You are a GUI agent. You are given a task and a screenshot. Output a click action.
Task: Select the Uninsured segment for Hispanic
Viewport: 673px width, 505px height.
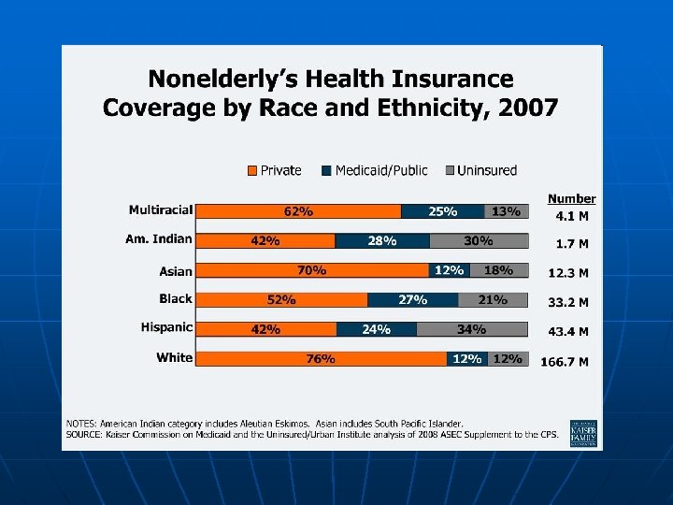[x=472, y=329]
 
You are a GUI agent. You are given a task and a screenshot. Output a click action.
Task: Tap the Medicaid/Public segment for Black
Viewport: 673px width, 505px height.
[x=413, y=300]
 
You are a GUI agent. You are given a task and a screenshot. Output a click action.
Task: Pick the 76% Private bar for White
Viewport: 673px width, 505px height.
[x=322, y=359]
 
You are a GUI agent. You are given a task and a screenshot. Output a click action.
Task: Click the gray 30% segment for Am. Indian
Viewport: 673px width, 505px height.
[x=479, y=241]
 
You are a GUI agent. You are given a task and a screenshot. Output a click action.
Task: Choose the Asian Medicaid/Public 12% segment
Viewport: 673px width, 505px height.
[x=449, y=270]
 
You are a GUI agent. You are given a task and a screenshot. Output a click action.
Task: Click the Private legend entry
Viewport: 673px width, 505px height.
[x=274, y=170]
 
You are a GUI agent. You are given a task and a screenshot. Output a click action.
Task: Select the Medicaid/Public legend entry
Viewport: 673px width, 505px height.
[x=374, y=170]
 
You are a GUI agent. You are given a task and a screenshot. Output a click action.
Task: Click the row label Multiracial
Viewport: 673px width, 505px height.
[x=161, y=209]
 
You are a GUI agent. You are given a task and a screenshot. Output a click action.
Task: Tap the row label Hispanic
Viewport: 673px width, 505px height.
[x=166, y=327]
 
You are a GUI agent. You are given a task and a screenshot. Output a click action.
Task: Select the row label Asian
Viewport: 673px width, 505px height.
[x=175, y=271]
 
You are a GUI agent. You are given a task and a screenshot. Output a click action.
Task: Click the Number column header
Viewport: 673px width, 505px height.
[x=571, y=198]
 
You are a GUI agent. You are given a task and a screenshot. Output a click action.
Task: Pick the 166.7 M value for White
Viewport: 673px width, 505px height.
[x=566, y=361]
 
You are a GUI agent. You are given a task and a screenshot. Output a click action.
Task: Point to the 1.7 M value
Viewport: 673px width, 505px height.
[x=571, y=244]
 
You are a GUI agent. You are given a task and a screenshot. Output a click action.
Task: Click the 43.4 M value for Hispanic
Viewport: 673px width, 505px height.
[x=568, y=332]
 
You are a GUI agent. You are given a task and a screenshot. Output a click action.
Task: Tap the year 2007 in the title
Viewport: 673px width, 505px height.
[x=528, y=108]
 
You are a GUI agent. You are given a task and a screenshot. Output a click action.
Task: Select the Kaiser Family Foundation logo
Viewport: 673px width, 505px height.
[x=583, y=432]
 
